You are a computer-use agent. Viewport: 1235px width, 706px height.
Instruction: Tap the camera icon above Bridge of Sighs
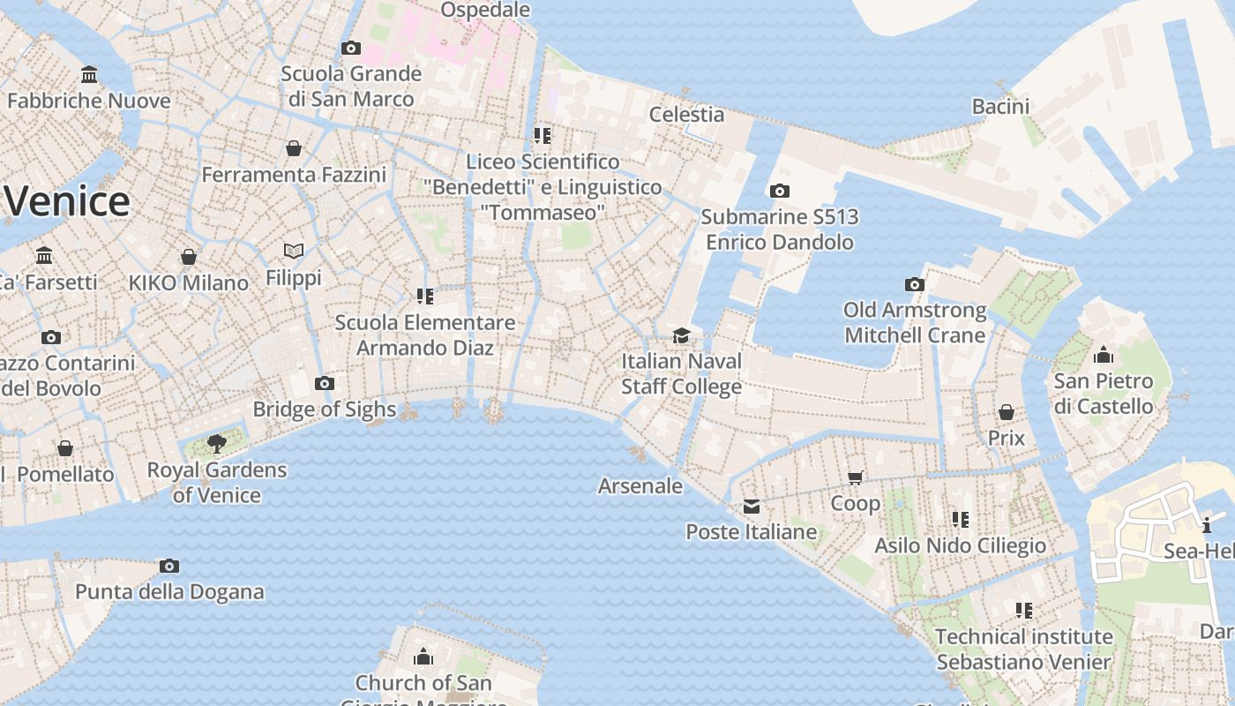(325, 383)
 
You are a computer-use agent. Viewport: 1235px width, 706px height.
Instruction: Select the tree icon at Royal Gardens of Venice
(216, 443)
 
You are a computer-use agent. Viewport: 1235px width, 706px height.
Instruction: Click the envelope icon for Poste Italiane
(752, 506)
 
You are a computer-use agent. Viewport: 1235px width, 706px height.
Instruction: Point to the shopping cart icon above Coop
(855, 477)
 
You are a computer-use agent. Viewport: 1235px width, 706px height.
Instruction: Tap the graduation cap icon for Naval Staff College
(681, 335)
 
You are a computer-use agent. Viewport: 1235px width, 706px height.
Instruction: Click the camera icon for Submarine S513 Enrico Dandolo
(779, 191)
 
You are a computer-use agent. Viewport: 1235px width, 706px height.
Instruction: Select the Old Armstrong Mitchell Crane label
(915, 323)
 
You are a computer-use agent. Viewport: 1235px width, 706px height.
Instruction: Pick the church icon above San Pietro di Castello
(1103, 356)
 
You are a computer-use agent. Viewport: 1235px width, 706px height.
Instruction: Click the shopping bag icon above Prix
(1007, 412)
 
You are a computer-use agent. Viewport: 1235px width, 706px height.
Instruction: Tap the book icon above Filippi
(294, 252)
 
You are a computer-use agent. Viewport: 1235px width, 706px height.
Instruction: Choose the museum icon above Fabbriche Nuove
(89, 74)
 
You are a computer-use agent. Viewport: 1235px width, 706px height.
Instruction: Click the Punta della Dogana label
(169, 592)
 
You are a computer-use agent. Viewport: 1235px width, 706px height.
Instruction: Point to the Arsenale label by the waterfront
(640, 485)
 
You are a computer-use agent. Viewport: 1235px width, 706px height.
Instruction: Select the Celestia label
(686, 114)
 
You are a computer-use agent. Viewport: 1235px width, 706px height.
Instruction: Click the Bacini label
(1000, 107)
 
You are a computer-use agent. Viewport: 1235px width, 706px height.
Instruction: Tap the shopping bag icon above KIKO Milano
(189, 257)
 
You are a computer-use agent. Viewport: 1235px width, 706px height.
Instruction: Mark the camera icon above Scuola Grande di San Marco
(351, 48)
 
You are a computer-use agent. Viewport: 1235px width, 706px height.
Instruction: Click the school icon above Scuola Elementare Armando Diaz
(425, 296)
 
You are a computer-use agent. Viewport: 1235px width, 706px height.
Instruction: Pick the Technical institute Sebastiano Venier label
(1023, 649)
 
